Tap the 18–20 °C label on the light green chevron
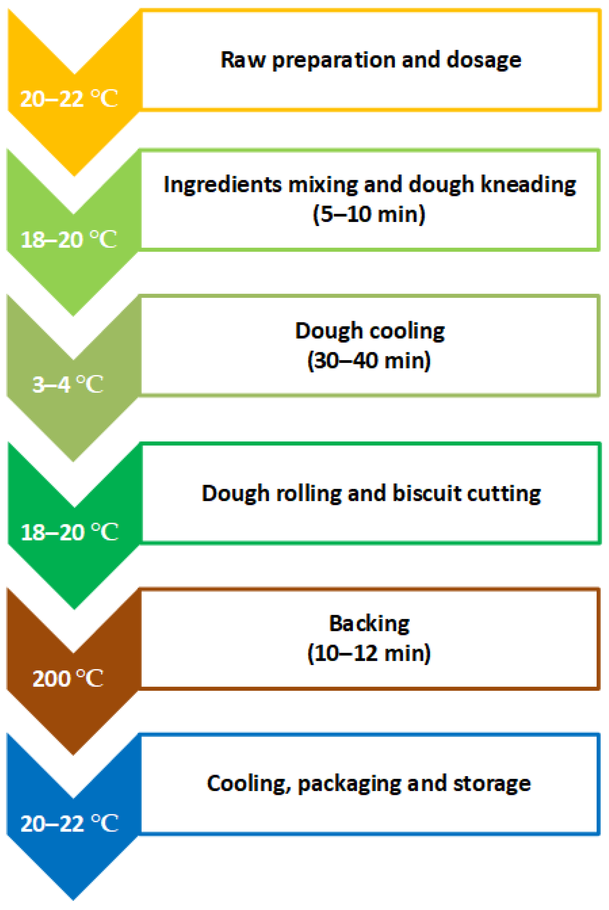68,239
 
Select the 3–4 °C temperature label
68,385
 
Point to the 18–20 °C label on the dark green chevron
69,532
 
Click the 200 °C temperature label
68,678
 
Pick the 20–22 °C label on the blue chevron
69,823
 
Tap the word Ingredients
223,185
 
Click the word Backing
369,624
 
